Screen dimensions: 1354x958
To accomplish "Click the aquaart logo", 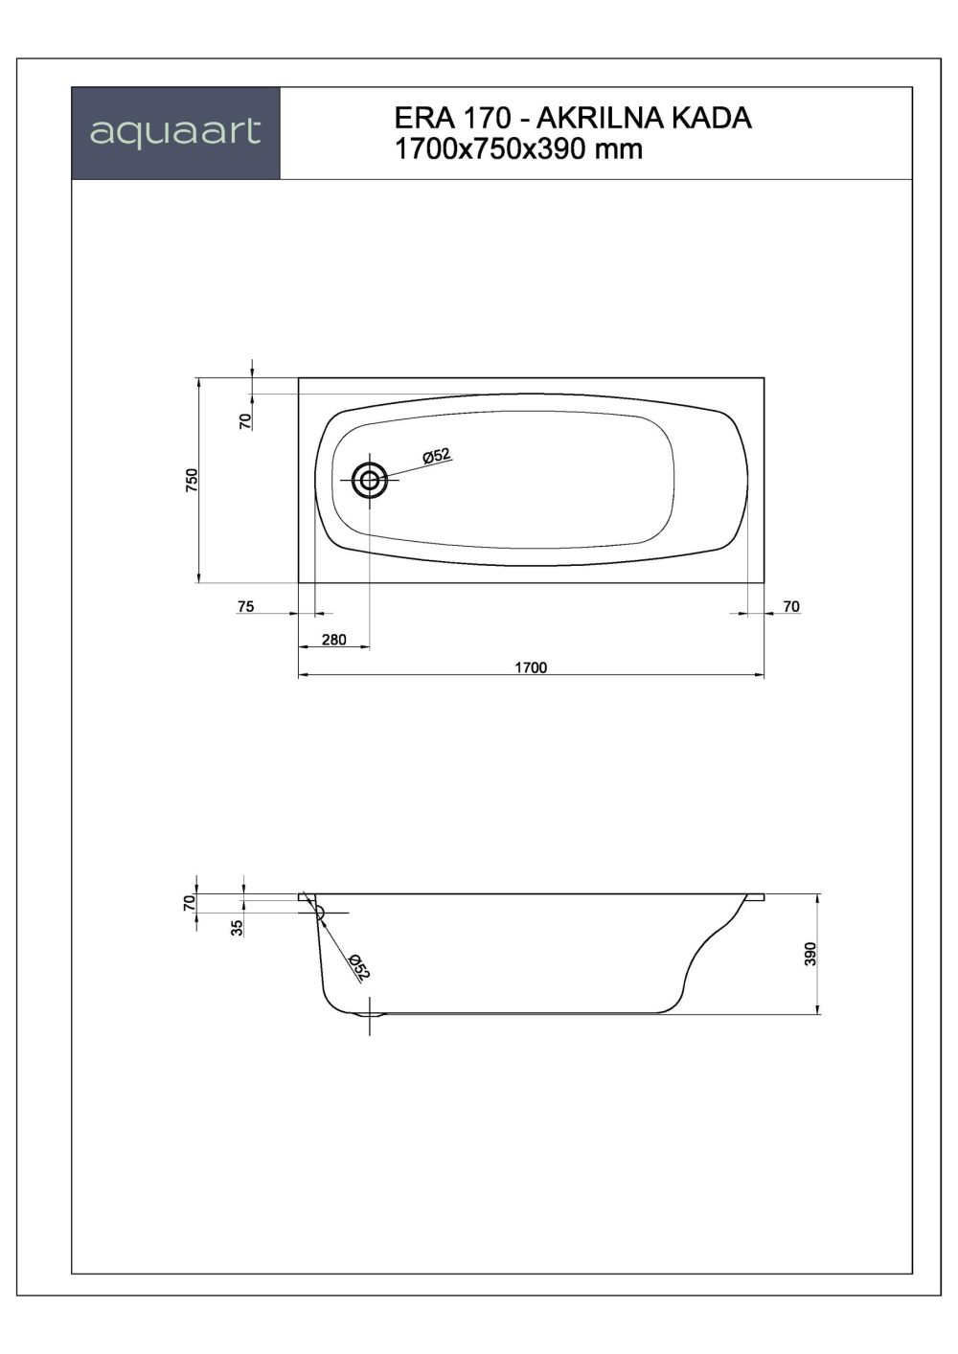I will point(175,133).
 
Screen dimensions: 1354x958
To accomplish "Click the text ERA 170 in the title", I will point(447,118).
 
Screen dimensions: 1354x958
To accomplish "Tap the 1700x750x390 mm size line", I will point(518,149).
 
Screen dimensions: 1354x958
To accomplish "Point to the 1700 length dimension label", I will point(531,667).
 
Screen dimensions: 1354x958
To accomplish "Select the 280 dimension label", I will point(332,640).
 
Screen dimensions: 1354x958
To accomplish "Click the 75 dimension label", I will point(245,606).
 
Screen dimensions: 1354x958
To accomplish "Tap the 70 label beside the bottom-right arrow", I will point(790,606).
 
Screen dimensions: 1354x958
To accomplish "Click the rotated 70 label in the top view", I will point(245,419).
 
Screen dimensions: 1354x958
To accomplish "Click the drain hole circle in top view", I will point(369,481).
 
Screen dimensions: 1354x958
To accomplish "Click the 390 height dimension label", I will point(810,954).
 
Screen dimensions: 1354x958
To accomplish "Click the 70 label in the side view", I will point(189,901).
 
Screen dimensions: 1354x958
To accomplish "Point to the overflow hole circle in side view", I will point(317,913).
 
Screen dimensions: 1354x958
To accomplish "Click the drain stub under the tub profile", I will point(370,1017).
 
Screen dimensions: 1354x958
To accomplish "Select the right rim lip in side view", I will point(755,898).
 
